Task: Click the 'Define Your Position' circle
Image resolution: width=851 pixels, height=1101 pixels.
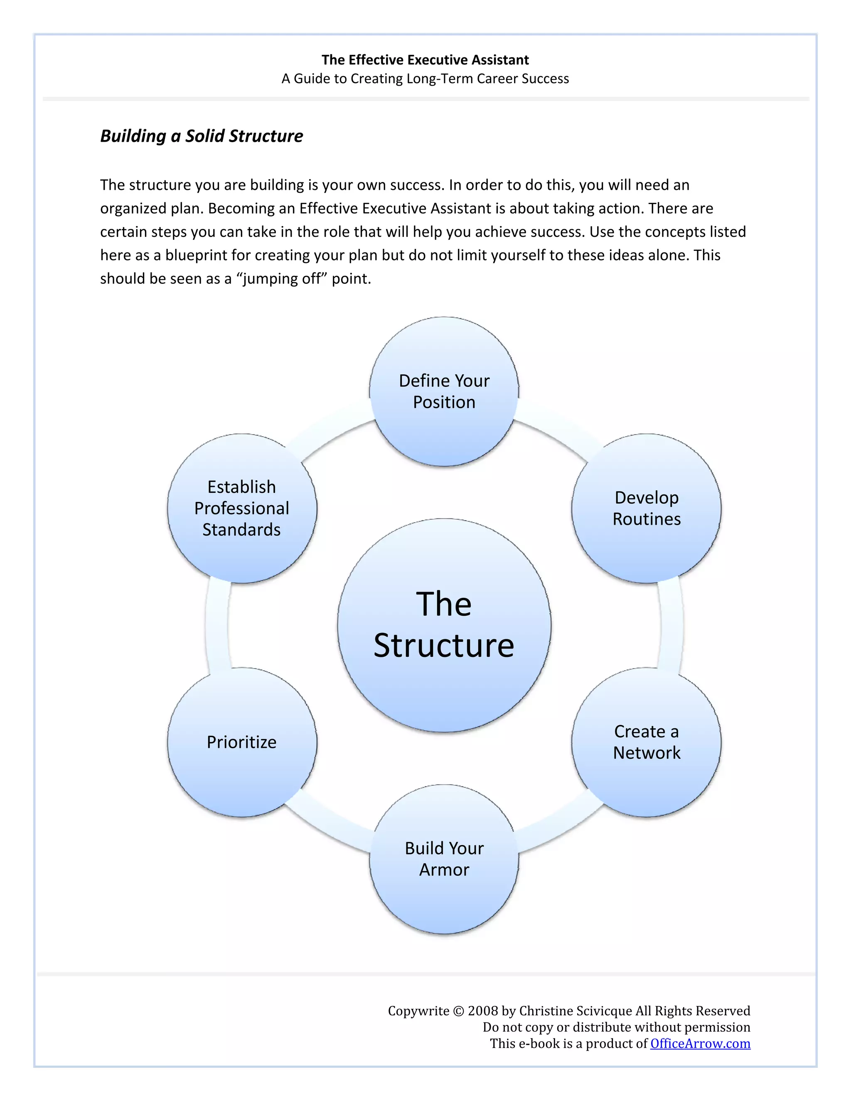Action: (444, 391)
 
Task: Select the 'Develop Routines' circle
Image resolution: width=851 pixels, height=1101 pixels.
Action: (646, 508)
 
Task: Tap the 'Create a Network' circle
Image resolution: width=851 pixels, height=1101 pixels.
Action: (646, 742)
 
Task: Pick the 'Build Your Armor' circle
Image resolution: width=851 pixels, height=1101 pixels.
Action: (444, 859)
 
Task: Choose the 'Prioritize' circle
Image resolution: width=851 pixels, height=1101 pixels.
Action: (242, 742)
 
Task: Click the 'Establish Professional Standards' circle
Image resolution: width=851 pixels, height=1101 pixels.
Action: (242, 508)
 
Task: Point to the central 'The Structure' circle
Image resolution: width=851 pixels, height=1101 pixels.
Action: (444, 625)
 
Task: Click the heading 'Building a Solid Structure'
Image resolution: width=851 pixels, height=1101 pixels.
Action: (202, 136)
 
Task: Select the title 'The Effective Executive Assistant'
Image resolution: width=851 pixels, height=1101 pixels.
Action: (425, 60)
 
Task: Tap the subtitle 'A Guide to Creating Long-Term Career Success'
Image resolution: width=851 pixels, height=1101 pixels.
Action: (425, 79)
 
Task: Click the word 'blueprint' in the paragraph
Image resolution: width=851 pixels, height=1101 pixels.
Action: (196, 255)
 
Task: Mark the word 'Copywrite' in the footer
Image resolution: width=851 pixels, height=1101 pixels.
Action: (418, 1011)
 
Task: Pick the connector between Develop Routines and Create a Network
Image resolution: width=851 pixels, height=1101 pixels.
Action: (671, 625)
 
